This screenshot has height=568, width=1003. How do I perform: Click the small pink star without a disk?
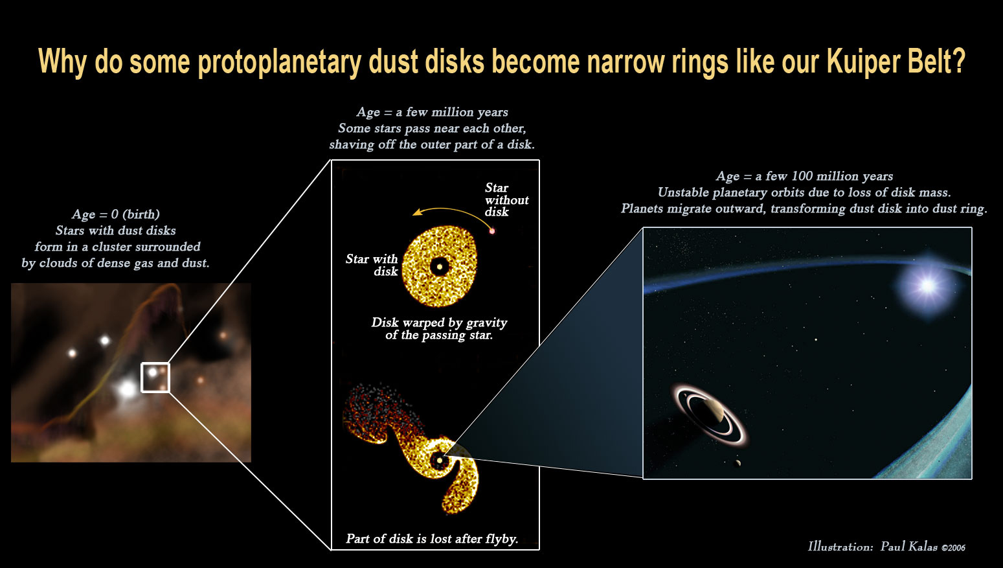(491, 231)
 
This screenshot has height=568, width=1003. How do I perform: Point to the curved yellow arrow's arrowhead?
(417, 212)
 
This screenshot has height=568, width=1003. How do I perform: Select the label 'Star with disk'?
(372, 265)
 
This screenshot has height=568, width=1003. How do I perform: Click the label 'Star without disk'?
(506, 199)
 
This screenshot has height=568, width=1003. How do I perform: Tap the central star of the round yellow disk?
(440, 267)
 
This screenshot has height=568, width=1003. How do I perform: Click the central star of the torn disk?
(440, 460)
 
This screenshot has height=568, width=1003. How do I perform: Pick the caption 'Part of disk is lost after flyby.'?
(432, 538)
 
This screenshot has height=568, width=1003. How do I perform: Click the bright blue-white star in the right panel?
(927, 286)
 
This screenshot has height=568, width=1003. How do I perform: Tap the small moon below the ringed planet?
(737, 464)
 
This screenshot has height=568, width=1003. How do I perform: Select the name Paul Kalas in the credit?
(908, 547)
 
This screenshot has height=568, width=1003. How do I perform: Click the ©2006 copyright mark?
(953, 547)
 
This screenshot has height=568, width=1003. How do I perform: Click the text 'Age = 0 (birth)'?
(115, 214)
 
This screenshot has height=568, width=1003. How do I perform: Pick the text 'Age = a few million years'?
(432, 112)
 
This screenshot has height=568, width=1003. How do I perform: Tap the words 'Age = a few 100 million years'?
(804, 176)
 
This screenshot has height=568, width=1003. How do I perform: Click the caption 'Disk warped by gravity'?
(439, 323)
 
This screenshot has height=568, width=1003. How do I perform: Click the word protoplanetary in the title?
(280, 62)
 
